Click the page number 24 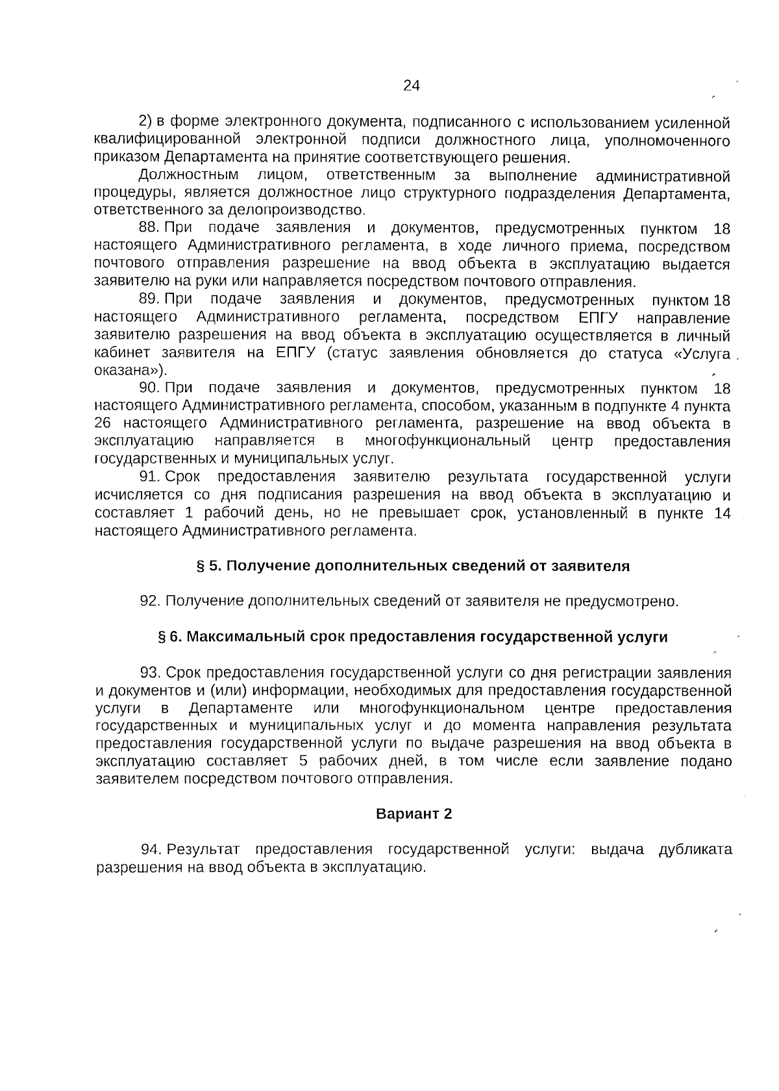pyautogui.click(x=412, y=86)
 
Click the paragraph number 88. pyautogui.click(x=149, y=228)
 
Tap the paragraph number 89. pyautogui.click(x=149, y=299)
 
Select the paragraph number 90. pyautogui.click(x=149, y=388)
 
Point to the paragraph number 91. pyautogui.click(x=149, y=477)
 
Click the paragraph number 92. pyautogui.click(x=150, y=601)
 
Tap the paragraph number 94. pyautogui.click(x=152, y=850)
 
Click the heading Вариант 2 pyautogui.click(x=414, y=814)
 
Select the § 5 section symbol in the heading pyautogui.click(x=201, y=566)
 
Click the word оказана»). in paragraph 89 pyautogui.click(x=130, y=371)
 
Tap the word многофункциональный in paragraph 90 pyautogui.click(x=447, y=441)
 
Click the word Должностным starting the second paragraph pyautogui.click(x=189, y=175)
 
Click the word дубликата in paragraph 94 pyautogui.click(x=695, y=850)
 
